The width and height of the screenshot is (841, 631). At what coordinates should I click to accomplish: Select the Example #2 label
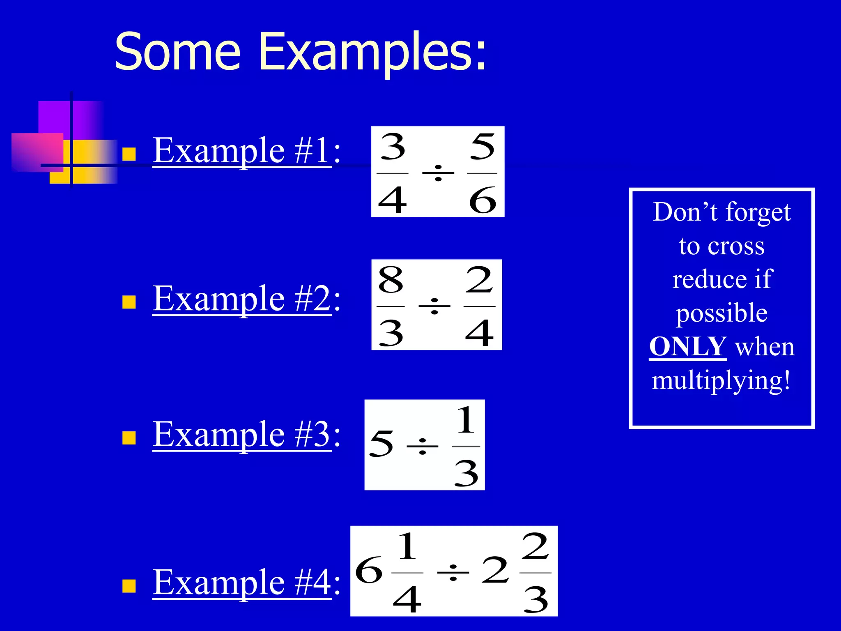click(x=242, y=299)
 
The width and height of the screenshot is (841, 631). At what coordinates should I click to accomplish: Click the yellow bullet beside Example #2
click(x=129, y=302)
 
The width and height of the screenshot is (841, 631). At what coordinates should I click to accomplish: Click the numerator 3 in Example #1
click(x=393, y=147)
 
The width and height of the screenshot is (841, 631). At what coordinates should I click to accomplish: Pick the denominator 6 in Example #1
click(x=483, y=200)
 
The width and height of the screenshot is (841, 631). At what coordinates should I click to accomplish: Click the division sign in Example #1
click(x=438, y=173)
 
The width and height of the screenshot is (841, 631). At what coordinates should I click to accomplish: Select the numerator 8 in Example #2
click(x=391, y=280)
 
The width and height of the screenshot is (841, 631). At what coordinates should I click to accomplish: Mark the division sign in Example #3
click(x=422, y=446)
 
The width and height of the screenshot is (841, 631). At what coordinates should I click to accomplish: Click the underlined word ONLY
click(x=688, y=346)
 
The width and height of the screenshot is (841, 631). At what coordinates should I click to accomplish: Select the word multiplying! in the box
click(x=721, y=380)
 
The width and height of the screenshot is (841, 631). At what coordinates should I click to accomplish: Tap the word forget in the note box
click(x=758, y=213)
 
